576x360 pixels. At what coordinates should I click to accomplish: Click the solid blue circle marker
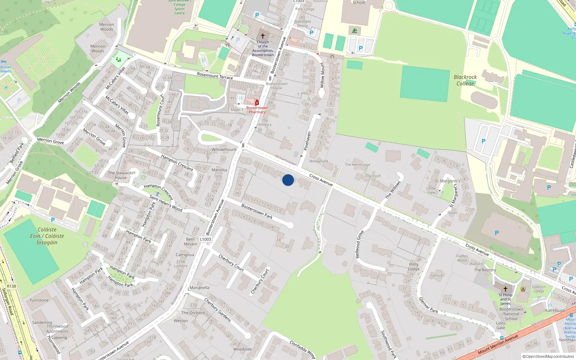point(288,180)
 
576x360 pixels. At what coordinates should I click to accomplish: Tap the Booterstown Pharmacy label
point(257,110)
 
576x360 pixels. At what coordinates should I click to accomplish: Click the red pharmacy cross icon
point(257,103)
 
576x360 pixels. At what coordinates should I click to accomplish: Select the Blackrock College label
point(465,80)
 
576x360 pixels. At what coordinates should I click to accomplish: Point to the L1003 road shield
point(205,239)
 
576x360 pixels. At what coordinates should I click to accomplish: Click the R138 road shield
point(12,286)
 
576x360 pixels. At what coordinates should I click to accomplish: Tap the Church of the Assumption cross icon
point(263,36)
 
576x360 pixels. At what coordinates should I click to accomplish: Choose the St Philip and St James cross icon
point(505,289)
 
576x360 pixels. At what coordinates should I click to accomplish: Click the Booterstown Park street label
point(257,211)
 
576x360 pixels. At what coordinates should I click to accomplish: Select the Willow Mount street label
point(323,75)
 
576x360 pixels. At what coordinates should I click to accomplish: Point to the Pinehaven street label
point(307,141)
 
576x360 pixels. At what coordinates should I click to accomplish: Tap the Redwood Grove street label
point(360,244)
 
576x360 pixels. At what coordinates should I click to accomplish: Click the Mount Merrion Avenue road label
point(498,344)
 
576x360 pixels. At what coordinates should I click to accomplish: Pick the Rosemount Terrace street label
point(215,76)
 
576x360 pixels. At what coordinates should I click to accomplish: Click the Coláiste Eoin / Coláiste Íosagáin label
point(47,236)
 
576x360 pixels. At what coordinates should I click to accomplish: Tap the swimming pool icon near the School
point(355,31)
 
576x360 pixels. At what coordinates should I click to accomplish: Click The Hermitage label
point(357,165)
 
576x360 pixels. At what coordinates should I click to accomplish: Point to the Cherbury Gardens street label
point(217,310)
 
